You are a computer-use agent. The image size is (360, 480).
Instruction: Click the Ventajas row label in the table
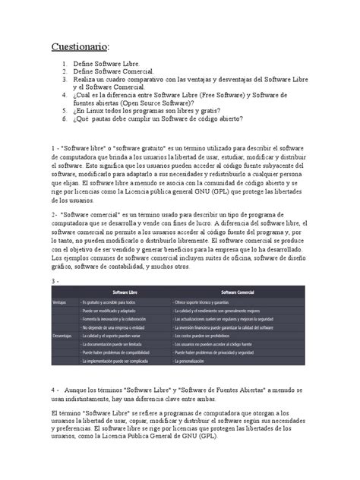[x=59, y=302]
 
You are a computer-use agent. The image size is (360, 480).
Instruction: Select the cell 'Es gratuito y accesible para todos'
[x=114, y=302]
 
